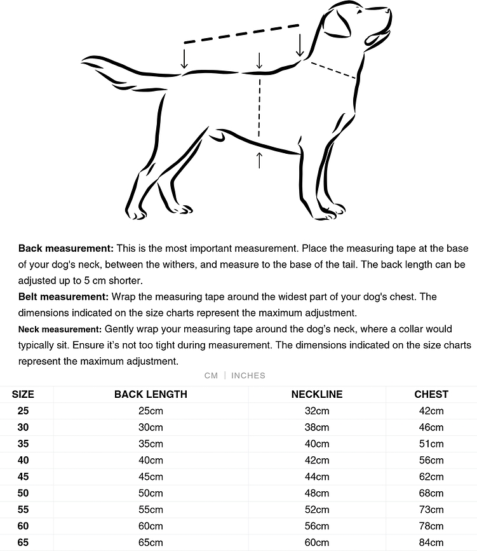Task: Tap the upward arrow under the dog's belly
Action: (x=259, y=160)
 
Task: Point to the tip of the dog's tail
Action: (x=84, y=61)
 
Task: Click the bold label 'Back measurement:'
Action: (x=66, y=248)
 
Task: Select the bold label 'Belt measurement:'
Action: (x=64, y=296)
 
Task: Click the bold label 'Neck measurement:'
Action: (x=60, y=329)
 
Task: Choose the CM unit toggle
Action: (x=211, y=376)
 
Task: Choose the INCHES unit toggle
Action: (x=248, y=376)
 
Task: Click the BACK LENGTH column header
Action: (x=151, y=394)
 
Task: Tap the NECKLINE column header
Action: (x=317, y=394)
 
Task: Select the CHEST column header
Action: (x=431, y=394)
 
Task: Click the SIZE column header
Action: (x=24, y=394)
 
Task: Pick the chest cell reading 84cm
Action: (x=431, y=542)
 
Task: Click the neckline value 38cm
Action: (x=317, y=427)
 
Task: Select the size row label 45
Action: (x=24, y=477)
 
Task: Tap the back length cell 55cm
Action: (x=151, y=510)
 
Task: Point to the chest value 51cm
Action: (x=431, y=444)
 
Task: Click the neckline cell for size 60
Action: (x=317, y=526)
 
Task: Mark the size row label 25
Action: (x=24, y=411)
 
